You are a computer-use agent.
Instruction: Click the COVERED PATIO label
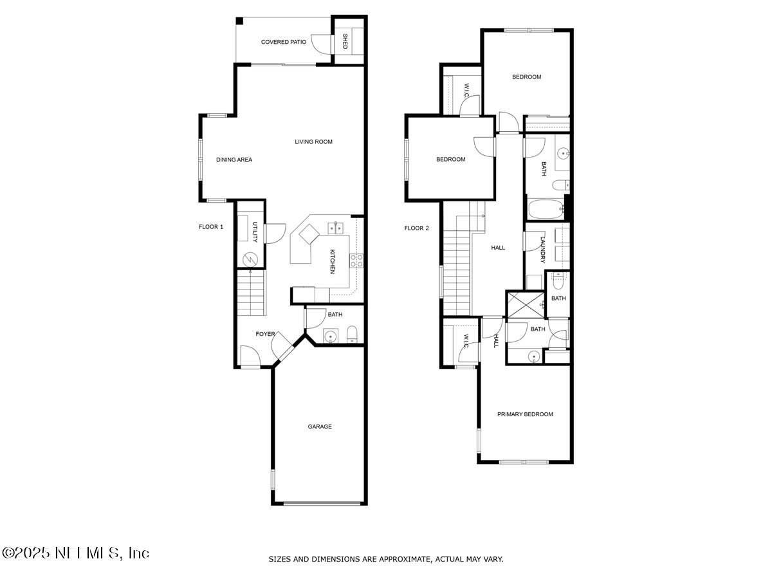[283, 42]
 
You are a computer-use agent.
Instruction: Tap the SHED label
[345, 41]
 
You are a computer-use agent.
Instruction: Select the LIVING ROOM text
[313, 142]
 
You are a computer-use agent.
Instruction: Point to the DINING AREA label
[234, 160]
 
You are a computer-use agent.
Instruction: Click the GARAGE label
[319, 427]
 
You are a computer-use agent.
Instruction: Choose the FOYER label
[265, 334]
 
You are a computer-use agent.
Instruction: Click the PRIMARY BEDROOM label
[525, 414]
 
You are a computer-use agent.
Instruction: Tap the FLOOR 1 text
[211, 226]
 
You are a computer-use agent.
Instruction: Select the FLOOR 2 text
[416, 228]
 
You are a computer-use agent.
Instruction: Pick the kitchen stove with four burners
[356, 261]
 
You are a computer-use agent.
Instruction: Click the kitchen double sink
[335, 227]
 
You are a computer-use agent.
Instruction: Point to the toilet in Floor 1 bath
[352, 334]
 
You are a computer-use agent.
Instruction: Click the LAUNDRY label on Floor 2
[543, 250]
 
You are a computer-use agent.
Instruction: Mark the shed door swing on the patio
[320, 42]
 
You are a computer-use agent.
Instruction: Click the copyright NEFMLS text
[76, 553]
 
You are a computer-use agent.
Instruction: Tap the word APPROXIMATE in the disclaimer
[403, 559]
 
